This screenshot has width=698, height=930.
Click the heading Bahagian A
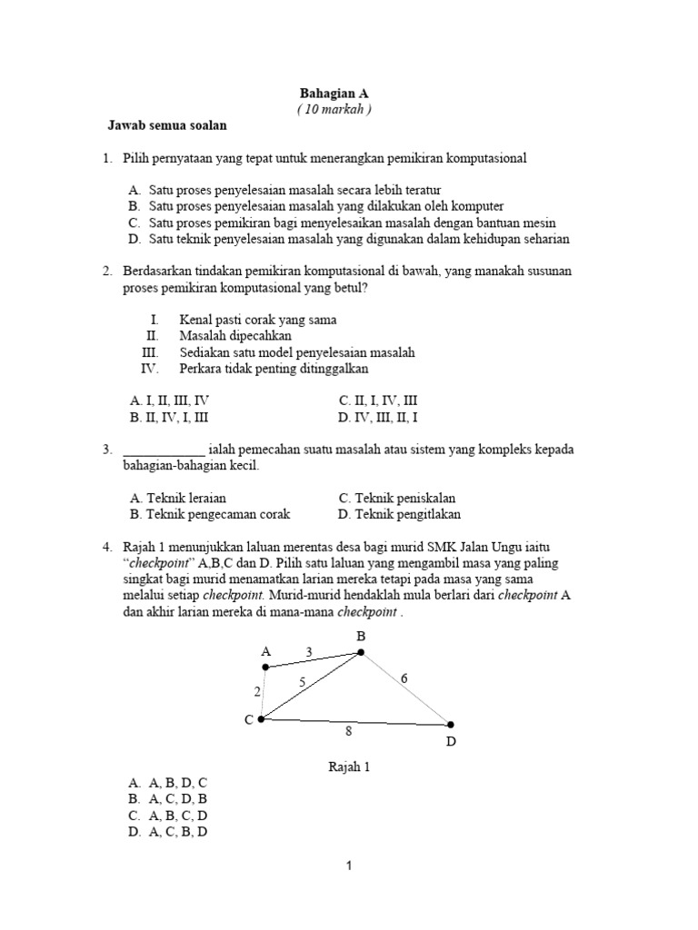[334, 94]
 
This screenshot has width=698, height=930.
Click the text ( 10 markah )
[334, 109]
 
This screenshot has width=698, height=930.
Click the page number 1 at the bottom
[348, 866]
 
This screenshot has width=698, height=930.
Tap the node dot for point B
[361, 652]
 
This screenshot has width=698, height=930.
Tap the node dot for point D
[450, 725]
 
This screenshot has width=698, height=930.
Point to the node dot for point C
[261, 719]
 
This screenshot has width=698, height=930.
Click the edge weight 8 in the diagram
[347, 730]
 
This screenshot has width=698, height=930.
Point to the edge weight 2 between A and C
[257, 692]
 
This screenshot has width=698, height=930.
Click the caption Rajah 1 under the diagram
[349, 767]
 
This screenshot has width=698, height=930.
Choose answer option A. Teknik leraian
[178, 498]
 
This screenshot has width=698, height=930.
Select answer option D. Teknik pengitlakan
[399, 514]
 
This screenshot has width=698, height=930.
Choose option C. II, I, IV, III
[378, 400]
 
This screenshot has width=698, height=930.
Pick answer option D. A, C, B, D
[169, 831]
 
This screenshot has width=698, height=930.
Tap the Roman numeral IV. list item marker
[150, 369]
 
